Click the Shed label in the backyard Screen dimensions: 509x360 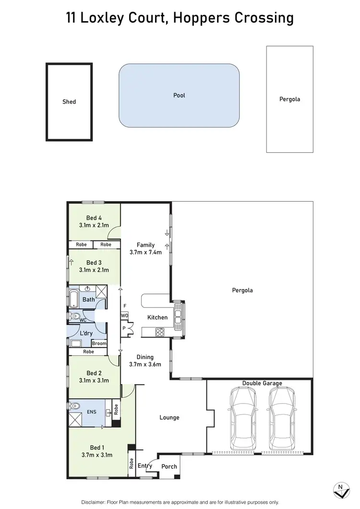click(69, 102)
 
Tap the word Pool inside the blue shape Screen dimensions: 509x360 click(179, 96)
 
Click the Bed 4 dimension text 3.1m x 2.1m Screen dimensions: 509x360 click(94, 225)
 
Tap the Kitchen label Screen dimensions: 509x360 click(157, 317)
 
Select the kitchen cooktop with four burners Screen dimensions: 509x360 click(159, 332)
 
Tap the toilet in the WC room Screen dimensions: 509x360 click(74, 316)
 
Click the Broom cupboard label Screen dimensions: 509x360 click(99, 344)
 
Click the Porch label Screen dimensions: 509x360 click(169, 466)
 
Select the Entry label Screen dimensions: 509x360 click(145, 466)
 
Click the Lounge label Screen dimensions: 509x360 click(169, 418)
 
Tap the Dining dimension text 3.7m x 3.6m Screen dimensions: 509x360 click(145, 364)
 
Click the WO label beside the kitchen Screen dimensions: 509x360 click(124, 315)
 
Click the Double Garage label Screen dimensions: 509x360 click(262, 383)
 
